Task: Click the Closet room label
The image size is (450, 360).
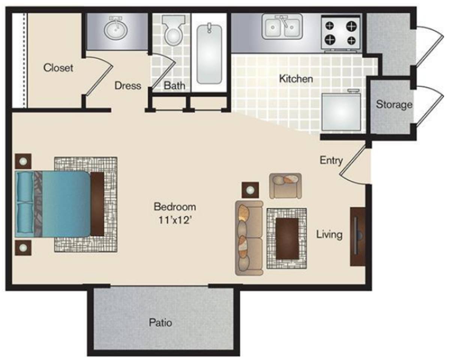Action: (x=58, y=68)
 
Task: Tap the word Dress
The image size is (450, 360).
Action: (x=128, y=85)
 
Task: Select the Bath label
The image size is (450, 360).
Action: (x=175, y=85)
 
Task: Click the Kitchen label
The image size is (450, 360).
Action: (x=296, y=79)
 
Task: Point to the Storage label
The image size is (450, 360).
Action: (x=394, y=104)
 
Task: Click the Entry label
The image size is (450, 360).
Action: (x=331, y=160)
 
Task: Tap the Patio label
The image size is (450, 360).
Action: (x=160, y=322)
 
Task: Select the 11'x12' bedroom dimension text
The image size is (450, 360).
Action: (x=175, y=220)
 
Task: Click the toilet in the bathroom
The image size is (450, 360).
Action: (x=173, y=30)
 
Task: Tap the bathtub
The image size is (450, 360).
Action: (x=209, y=54)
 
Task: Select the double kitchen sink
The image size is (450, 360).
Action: (x=282, y=27)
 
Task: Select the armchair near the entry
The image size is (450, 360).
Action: (x=285, y=186)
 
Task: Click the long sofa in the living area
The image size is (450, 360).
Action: (x=249, y=238)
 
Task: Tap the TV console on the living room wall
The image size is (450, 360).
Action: (x=358, y=237)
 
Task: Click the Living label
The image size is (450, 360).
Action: (x=329, y=234)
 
